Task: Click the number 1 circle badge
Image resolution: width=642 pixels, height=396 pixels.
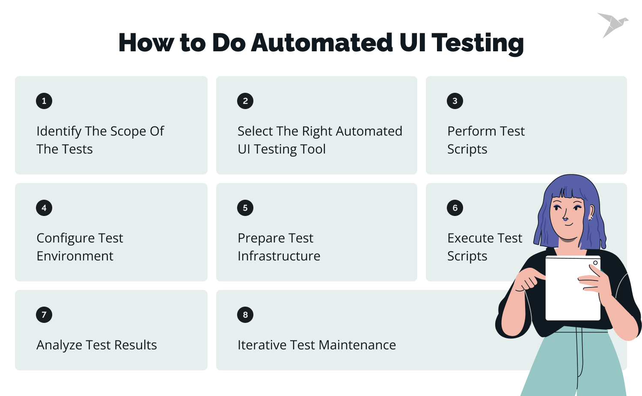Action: [44, 101]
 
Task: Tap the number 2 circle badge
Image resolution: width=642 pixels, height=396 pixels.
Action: [245, 101]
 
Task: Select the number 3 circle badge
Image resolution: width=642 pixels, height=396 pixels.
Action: [455, 101]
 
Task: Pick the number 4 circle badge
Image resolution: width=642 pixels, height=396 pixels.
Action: [44, 208]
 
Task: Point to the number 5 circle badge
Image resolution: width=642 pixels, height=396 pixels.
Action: [245, 208]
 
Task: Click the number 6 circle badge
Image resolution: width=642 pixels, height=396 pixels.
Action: [455, 208]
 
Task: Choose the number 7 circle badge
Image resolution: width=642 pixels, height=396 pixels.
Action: [44, 315]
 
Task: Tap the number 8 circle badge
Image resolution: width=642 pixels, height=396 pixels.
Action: [245, 315]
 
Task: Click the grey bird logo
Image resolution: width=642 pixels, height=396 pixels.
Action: [612, 24]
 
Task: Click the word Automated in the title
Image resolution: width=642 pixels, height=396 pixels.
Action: [321, 43]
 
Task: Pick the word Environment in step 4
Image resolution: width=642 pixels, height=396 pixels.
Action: [75, 256]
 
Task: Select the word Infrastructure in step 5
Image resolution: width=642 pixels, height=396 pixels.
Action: [279, 256]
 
